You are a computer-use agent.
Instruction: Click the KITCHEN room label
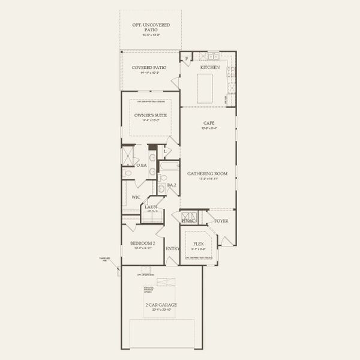coord(209,68)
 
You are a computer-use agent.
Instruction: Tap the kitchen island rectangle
coord(209,85)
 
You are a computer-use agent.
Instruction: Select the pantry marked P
coord(187,58)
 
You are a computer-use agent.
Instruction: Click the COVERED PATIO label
coord(150,68)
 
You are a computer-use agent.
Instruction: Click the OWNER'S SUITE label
coord(150,115)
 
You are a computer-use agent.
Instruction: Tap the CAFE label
coord(208,123)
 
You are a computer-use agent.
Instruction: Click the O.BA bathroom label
coord(142,165)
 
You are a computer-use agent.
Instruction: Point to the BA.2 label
coord(171,185)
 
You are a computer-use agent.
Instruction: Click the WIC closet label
coord(136,196)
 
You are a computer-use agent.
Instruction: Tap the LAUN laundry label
coord(151,207)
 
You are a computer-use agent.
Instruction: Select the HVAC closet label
coord(189,221)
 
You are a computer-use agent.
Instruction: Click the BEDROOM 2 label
coord(143,243)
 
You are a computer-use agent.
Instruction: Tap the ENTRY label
coord(172,248)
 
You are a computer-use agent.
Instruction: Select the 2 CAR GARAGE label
coord(160,305)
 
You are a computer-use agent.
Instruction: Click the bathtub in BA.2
coord(169,166)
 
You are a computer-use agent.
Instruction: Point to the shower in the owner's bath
coord(128,156)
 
